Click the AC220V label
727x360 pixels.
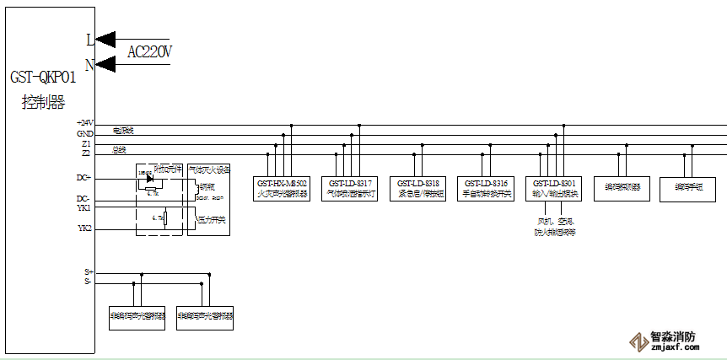(149, 52)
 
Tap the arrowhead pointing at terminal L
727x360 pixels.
(104, 39)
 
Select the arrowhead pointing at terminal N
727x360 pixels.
(104, 63)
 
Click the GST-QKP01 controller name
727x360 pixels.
(43, 78)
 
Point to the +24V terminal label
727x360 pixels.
(84, 124)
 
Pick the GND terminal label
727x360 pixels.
(85, 134)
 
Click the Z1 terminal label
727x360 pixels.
(86, 144)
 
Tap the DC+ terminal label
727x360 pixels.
(83, 178)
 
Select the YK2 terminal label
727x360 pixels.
(84, 228)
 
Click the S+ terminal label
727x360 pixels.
(88, 272)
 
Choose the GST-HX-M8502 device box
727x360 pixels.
(282, 188)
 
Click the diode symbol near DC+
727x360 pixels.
(149, 178)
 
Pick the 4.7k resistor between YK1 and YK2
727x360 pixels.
(165, 219)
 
